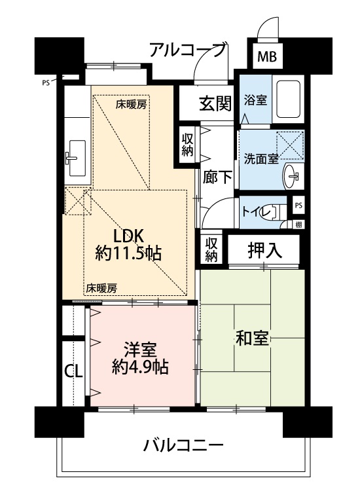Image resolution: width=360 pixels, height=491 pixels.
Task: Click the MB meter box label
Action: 266,58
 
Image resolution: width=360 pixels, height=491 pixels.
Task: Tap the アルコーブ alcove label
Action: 187,50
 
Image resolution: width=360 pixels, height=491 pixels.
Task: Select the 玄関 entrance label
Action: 216,103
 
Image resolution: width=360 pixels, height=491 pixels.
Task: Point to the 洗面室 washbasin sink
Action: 293,176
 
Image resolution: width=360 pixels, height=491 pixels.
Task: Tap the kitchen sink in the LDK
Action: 77,158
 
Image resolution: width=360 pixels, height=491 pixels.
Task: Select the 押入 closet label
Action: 265,250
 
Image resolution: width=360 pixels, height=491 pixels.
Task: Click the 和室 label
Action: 252,338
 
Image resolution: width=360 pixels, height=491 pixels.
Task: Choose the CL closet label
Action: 73,371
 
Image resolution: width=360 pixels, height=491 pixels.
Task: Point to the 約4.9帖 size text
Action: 140,367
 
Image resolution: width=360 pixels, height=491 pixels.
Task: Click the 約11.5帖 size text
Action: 128,253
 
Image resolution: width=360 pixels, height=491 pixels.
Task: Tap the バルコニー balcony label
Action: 183,445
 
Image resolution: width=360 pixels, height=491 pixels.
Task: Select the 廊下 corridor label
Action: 217,177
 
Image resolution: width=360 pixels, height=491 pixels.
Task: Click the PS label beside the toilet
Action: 298,205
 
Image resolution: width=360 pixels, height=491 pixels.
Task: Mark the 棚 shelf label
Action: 298,224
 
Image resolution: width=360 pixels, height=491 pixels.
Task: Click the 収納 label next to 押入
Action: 211,249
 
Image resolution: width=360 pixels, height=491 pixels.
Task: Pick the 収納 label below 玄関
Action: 187,145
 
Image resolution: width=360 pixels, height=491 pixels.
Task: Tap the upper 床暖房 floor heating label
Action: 131,105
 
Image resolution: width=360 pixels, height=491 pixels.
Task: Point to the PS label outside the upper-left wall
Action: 46,83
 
